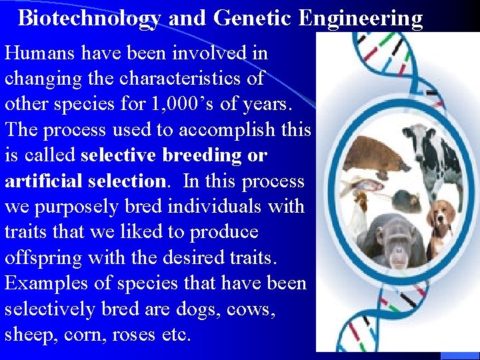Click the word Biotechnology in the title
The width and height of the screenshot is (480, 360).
(89, 18)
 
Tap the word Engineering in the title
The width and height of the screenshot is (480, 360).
(360, 18)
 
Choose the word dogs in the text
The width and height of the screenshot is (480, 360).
(193, 309)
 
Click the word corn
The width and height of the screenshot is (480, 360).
(82, 334)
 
